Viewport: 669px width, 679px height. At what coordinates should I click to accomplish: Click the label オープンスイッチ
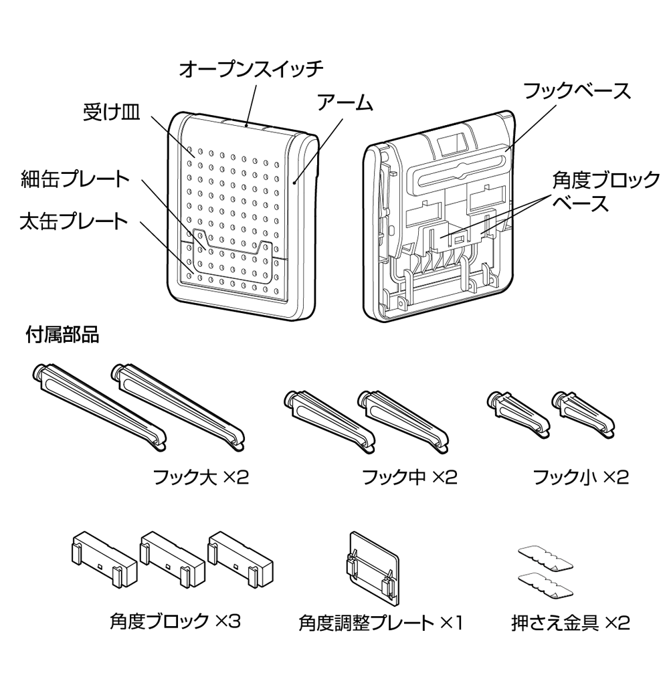pyautogui.click(x=251, y=68)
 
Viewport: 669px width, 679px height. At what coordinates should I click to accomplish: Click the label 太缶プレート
pyautogui.click(x=74, y=221)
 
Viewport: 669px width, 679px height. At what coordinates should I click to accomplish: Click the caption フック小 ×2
pyautogui.click(x=581, y=478)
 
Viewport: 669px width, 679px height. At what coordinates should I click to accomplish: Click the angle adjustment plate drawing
pyautogui.click(x=372, y=566)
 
